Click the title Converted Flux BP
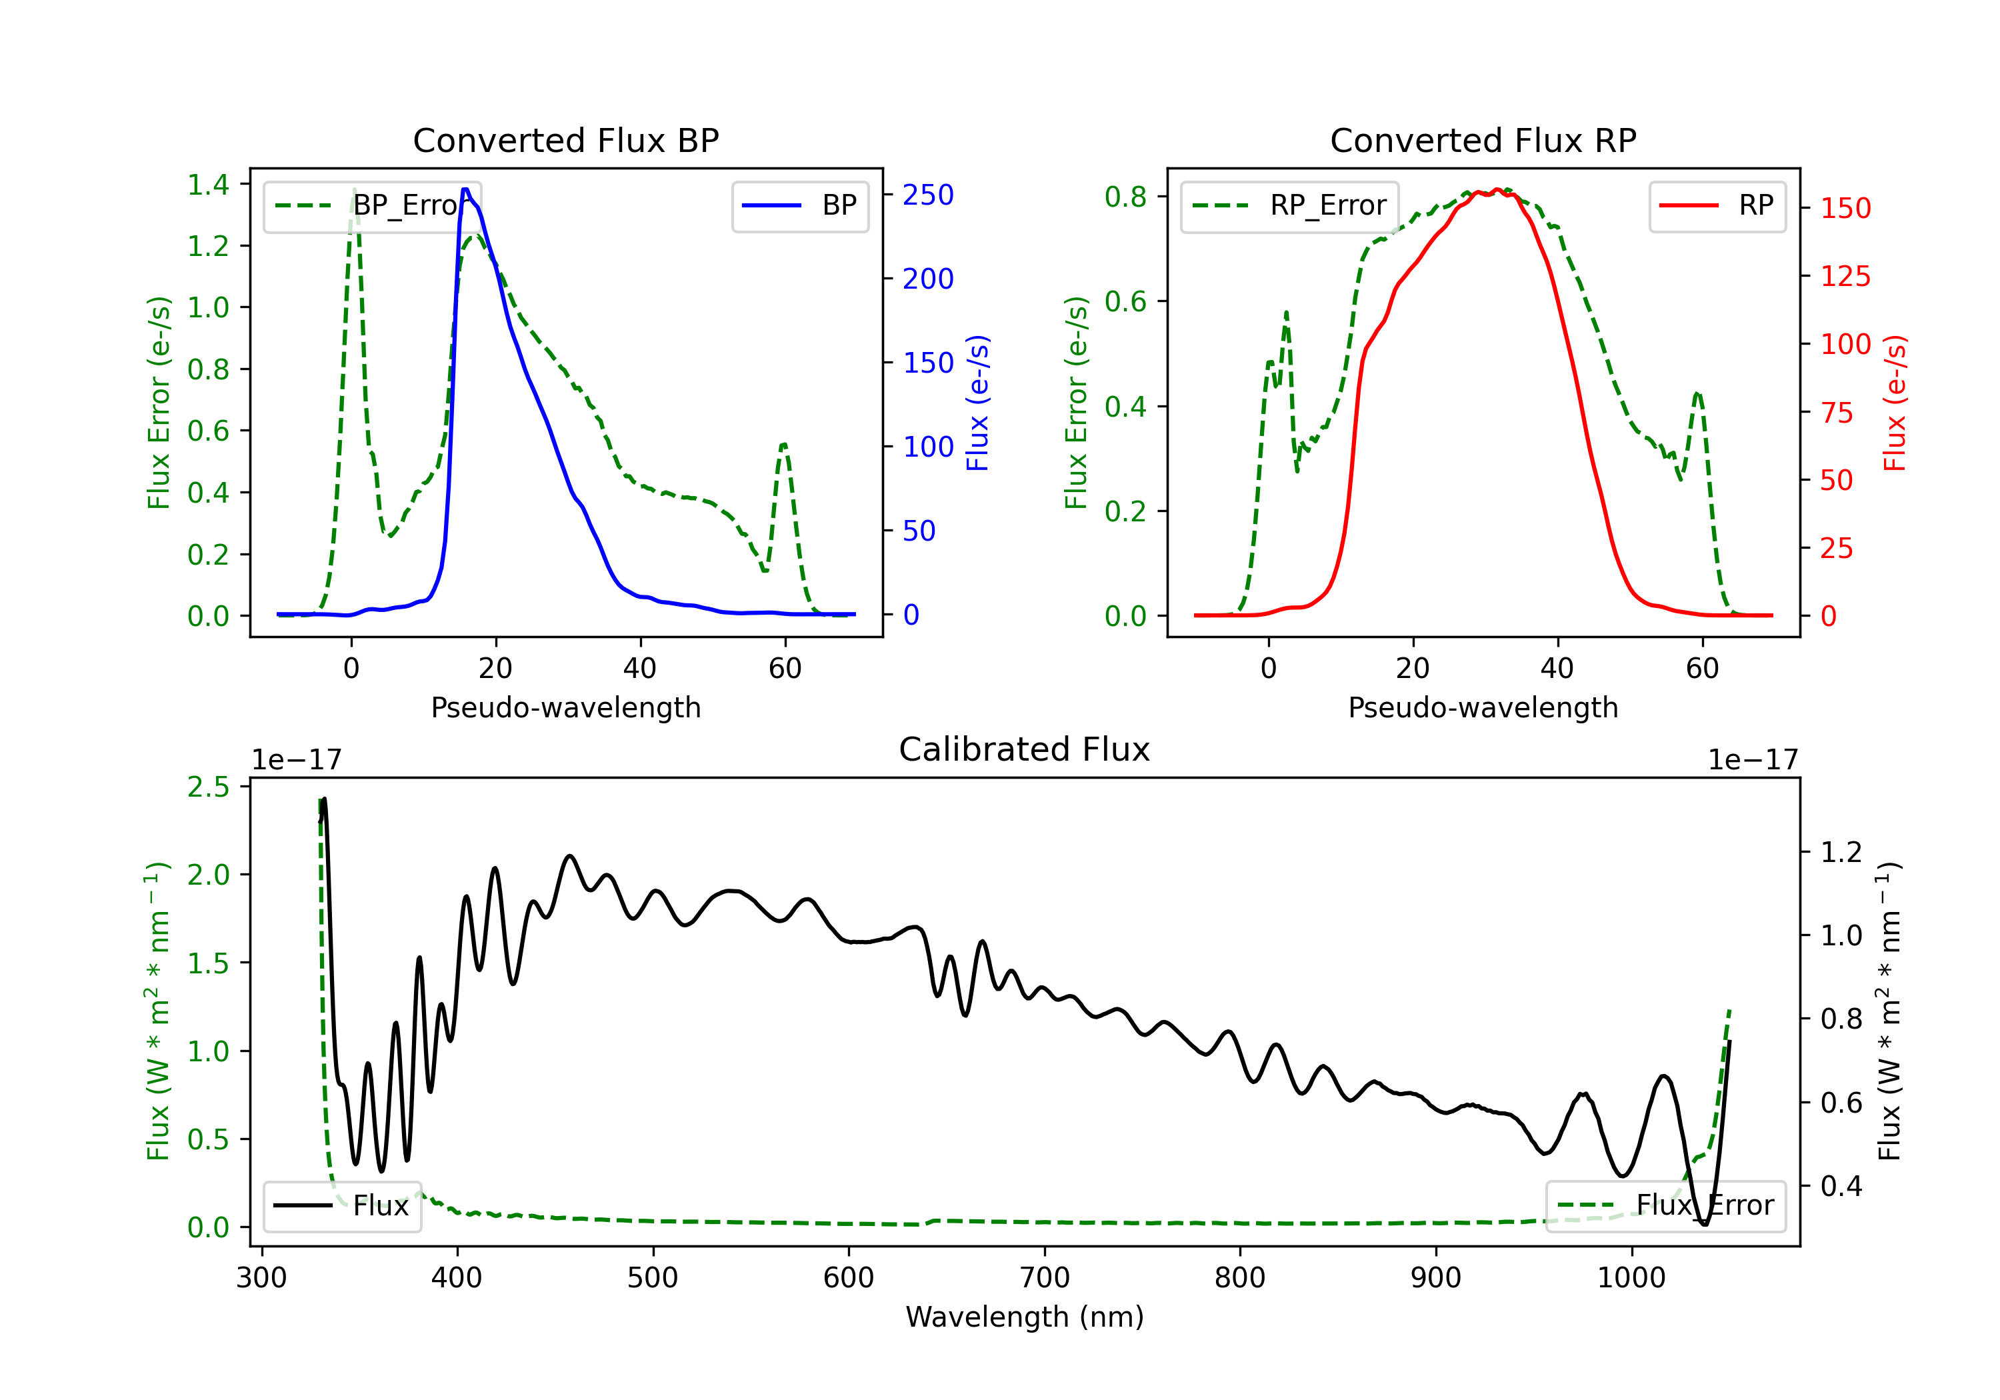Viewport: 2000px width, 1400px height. click(x=565, y=140)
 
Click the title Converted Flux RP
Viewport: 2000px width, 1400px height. click(x=1483, y=140)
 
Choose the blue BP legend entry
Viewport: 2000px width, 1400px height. click(x=799, y=205)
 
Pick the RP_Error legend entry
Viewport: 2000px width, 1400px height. click(x=1289, y=205)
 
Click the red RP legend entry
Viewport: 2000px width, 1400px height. click(x=1717, y=205)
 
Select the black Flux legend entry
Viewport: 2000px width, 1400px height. click(x=341, y=1206)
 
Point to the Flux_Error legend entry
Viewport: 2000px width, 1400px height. click(x=1665, y=1206)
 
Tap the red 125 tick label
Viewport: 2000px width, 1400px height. click(x=1845, y=276)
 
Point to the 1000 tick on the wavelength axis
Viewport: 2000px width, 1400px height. click(x=1631, y=1278)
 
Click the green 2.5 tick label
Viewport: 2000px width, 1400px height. click(x=208, y=787)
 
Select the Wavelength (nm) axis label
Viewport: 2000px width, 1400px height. click(x=1025, y=1317)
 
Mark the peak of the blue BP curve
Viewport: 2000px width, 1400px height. click(x=465, y=189)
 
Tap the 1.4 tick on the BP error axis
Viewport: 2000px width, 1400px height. click(x=208, y=185)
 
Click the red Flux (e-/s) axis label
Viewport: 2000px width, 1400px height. click(x=1895, y=403)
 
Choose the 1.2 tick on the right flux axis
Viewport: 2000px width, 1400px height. click(x=1841, y=852)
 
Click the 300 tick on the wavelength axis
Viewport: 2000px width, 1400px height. click(x=262, y=1278)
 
